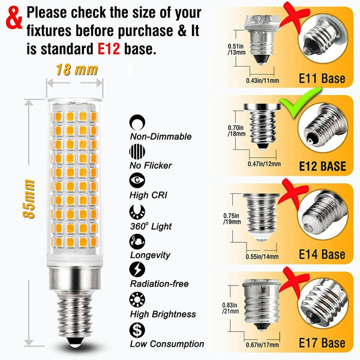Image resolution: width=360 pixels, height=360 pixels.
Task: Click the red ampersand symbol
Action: tap(14, 18)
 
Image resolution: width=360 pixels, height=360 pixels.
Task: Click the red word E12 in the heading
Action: tap(109, 49)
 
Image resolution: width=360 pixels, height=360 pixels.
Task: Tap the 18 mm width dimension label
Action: tap(77, 70)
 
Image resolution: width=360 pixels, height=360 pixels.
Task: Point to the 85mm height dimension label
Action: tap(29, 199)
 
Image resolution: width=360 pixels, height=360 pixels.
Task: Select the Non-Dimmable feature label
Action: tap(161, 136)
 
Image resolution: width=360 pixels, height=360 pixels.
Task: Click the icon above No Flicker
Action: tap(137, 151)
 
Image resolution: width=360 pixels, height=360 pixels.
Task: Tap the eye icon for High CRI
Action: tap(137, 180)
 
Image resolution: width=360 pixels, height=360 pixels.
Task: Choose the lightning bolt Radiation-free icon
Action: tap(137, 269)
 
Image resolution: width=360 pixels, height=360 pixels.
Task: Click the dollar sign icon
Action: tap(137, 330)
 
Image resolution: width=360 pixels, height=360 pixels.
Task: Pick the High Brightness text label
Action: tap(163, 314)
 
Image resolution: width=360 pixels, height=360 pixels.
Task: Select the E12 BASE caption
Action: tap(322, 166)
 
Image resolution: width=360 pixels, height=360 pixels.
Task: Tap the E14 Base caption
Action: tap(322, 254)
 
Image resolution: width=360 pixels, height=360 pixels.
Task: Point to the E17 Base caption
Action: tap(322, 343)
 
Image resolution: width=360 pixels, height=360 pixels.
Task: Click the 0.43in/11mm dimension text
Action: tap(263, 80)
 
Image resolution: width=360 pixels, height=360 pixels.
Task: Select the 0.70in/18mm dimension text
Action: tap(236, 131)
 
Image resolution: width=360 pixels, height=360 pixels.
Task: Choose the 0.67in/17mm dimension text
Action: tap(262, 344)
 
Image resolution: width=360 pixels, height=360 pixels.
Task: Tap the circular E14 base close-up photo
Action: tap(322, 218)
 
